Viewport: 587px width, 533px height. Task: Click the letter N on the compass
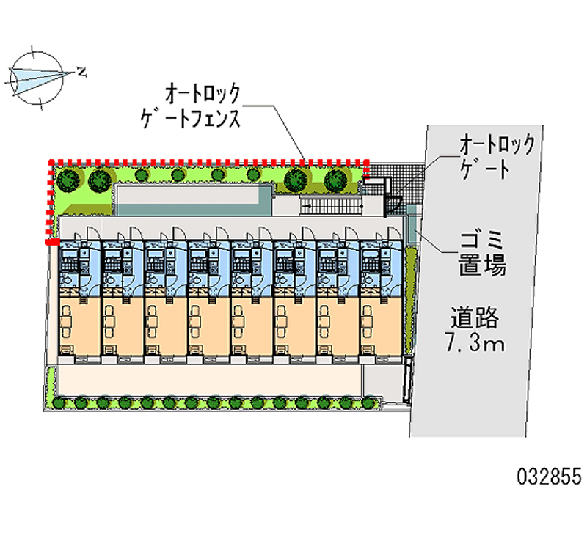coord(84,72)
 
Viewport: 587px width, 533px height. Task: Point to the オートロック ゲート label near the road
coord(496,157)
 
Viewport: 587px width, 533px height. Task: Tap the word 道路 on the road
coord(475,318)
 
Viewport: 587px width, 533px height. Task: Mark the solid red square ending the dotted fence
coord(51,240)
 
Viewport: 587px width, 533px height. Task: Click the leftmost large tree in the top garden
coord(68,178)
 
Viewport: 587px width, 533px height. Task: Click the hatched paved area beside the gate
coord(397,180)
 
